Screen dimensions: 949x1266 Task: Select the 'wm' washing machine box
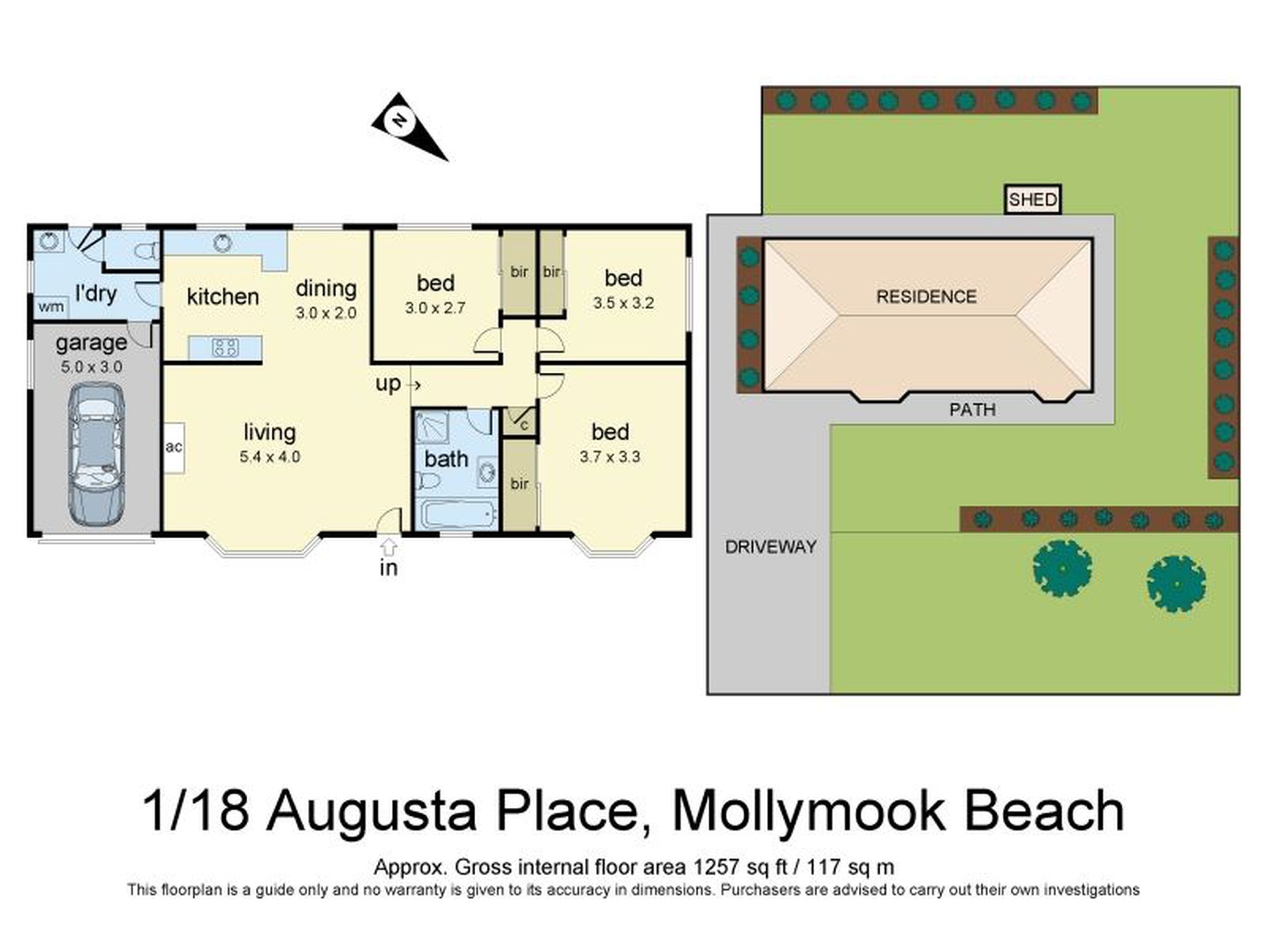tap(51, 306)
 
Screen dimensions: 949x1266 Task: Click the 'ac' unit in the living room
tap(174, 448)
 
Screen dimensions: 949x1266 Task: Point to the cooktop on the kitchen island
tap(225, 347)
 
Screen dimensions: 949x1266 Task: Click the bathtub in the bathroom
tap(458, 515)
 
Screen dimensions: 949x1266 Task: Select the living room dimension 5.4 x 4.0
tap(270, 457)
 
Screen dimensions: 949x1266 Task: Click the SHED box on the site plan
tap(1032, 199)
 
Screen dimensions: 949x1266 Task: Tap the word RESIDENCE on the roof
tap(926, 296)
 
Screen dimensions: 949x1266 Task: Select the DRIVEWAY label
tap(770, 547)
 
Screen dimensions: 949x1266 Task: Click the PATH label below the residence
tap(972, 409)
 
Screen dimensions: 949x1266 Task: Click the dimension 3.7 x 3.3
tap(610, 457)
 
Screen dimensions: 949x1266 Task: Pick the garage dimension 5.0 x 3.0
tap(91, 366)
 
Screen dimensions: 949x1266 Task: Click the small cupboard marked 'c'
tap(523, 424)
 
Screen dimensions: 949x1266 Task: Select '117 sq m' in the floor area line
tap(850, 867)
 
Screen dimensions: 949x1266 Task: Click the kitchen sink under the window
tap(223, 242)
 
